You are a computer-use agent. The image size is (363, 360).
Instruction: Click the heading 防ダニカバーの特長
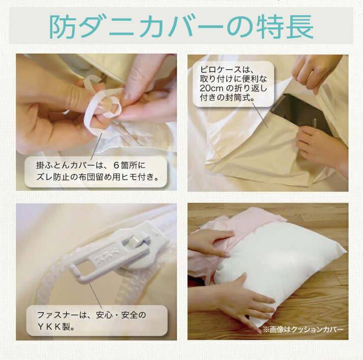point(181,26)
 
